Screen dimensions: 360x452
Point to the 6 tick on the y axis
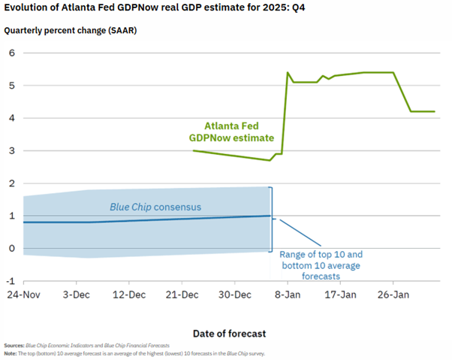[x=12, y=53]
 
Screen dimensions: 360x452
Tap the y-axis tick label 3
[x=12, y=151]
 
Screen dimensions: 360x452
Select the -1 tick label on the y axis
[x=11, y=281]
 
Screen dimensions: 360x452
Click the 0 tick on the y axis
[x=12, y=249]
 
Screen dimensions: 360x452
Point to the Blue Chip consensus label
[x=156, y=207]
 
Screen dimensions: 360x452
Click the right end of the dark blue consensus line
[x=270, y=216]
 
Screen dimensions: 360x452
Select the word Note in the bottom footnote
[x=11, y=353]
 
